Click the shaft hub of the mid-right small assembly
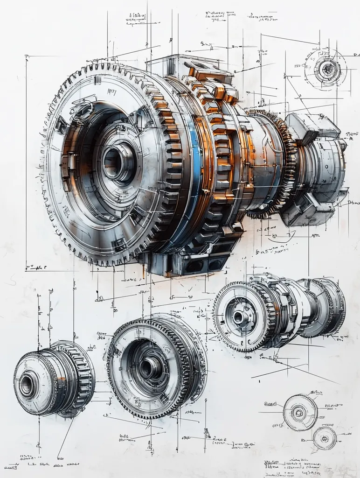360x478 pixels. [x=240, y=317]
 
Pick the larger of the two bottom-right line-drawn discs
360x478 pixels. [x=300, y=412]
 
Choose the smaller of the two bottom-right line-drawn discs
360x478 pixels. [x=325, y=438]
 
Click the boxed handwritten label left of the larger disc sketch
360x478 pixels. [x=270, y=404]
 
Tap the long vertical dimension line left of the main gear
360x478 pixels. [x=26, y=163]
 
